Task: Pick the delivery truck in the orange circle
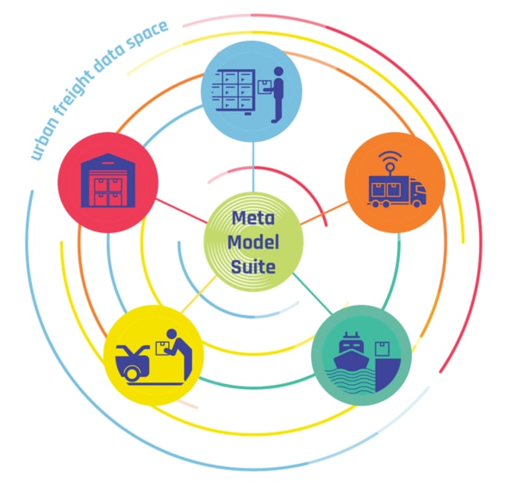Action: point(396,192)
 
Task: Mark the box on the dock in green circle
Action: point(383,348)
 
